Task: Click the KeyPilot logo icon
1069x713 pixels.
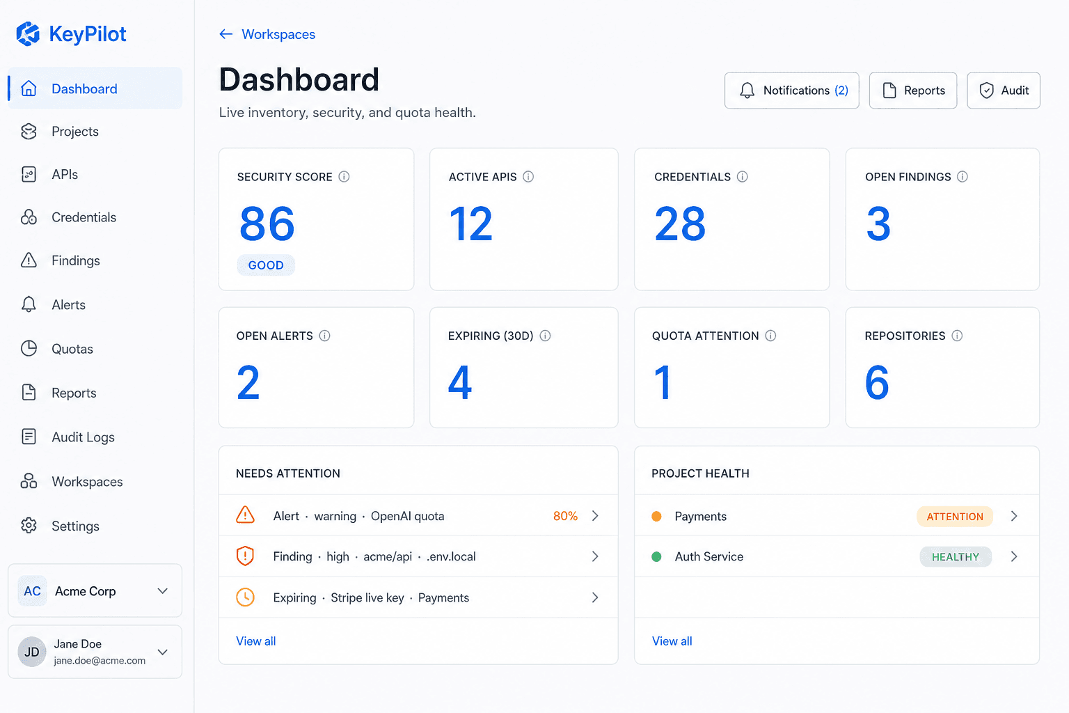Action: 28,34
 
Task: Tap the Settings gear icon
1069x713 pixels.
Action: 29,525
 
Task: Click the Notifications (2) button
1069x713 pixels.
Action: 792,91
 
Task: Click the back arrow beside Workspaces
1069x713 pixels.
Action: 225,34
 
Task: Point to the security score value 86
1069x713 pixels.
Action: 267,224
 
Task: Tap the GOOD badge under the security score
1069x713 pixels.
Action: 266,265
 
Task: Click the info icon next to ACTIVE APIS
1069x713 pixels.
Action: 528,177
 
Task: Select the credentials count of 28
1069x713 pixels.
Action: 679,224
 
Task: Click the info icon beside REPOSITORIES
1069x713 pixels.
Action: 957,336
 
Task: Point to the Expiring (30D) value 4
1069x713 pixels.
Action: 460,382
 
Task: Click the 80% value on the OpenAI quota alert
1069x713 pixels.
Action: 565,516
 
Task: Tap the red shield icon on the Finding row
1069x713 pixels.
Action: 245,556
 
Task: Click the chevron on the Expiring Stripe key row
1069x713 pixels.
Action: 595,597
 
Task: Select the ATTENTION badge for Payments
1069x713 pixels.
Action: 954,516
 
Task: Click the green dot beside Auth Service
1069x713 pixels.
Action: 657,556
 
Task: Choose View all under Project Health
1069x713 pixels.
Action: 672,641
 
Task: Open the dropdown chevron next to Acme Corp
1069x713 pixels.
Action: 163,591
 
